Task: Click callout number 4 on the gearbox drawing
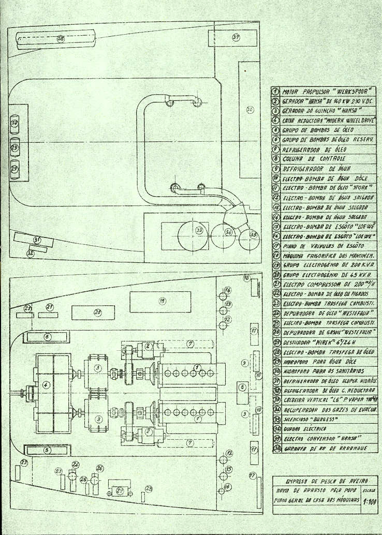(46, 385)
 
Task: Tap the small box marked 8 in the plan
(242, 387)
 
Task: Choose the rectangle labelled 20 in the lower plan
(97, 313)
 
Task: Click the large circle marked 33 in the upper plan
(199, 230)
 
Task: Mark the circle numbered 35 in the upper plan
(253, 234)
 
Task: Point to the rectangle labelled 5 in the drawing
(48, 450)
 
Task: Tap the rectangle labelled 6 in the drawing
(48, 336)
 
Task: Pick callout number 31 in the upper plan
(37, 240)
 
